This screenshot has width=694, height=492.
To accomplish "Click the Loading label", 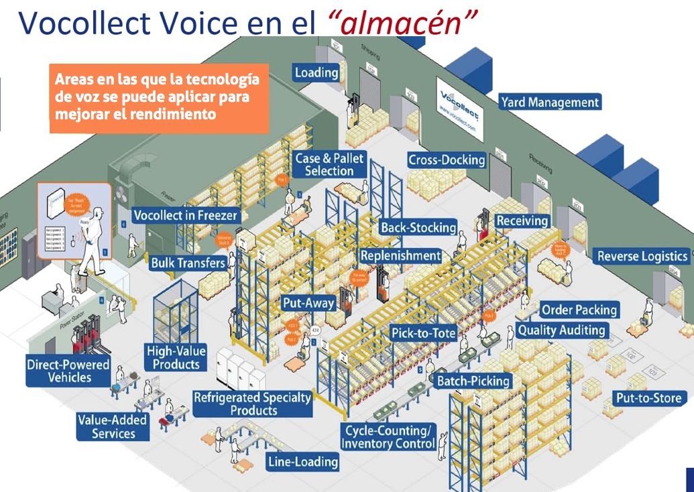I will coord(316,72).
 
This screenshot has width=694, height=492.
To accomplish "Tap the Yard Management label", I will coord(549,103).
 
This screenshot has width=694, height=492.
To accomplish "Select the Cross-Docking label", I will coord(447,160).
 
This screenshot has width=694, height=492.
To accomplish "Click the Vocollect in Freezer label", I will coord(185,216).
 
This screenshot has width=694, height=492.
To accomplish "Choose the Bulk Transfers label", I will coord(188,263).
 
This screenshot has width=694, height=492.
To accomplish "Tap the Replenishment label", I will coord(400,256).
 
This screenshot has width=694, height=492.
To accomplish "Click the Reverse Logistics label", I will coord(642,256).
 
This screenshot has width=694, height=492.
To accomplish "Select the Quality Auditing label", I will coord(561,330).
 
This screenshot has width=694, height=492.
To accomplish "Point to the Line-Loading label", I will coord(302,461).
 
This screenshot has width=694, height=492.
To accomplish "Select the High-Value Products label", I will coord(176,357).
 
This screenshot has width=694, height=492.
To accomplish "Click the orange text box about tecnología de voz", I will coord(159,98).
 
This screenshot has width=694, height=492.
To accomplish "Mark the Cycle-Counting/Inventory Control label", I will coord(388,437).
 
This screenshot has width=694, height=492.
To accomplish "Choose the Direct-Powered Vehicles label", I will coord(59,371).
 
